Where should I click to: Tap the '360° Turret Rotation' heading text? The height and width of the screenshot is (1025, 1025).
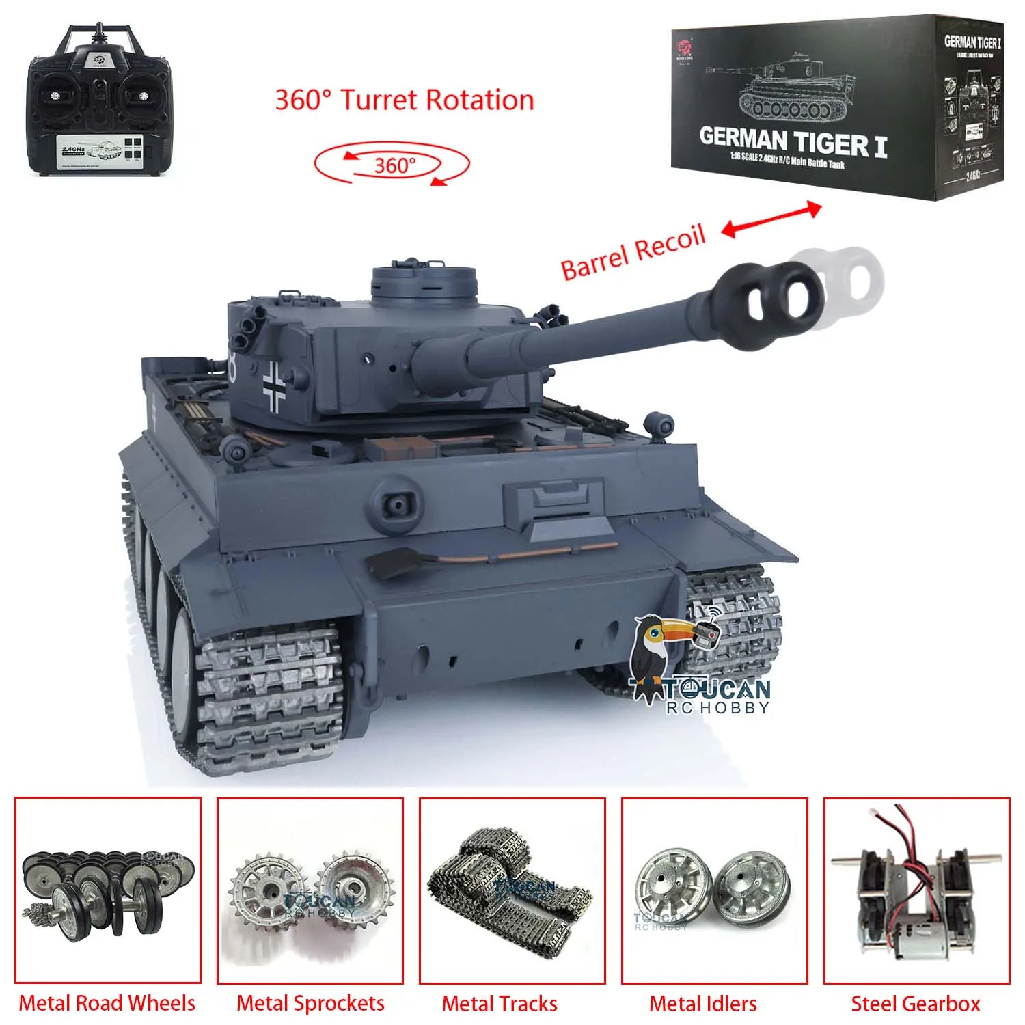pos(404,100)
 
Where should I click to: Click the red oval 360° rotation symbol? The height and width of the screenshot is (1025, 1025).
pos(392,165)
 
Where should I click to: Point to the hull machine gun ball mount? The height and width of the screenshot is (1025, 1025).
pos(396,503)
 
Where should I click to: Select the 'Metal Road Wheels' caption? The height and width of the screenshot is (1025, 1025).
pos(107,1002)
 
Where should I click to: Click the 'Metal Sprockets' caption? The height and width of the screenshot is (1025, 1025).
pos(310,1002)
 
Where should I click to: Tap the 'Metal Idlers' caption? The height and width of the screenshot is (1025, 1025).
pos(703,1003)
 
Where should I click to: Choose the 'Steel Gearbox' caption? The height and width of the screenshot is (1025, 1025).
pos(915,1003)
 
